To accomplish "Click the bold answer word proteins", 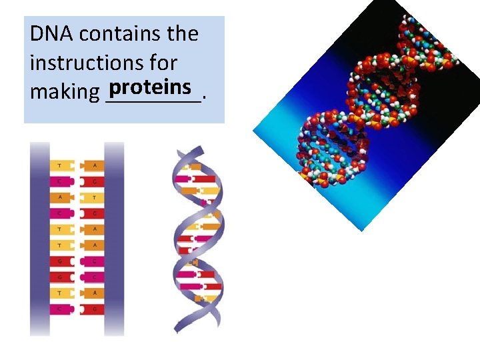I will click(x=152, y=87).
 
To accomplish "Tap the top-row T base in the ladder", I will click(x=61, y=165).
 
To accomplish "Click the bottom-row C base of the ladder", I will click(x=61, y=309).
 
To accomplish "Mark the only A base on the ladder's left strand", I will click(x=61, y=197).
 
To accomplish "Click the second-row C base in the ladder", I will click(x=61, y=181).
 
